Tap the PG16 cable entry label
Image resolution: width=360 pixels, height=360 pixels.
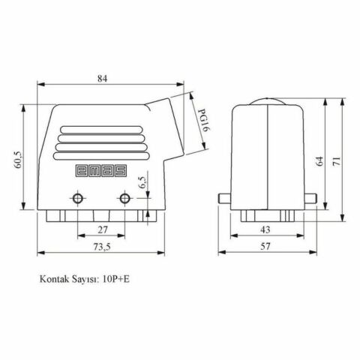[x=202, y=120]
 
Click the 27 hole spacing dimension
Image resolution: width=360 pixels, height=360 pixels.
[x=101, y=229]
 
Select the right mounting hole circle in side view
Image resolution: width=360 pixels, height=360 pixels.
[x=125, y=199]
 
